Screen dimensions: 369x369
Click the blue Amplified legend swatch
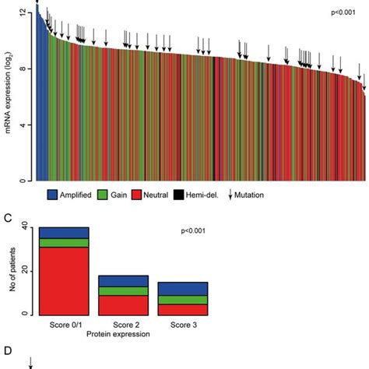[54, 195]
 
